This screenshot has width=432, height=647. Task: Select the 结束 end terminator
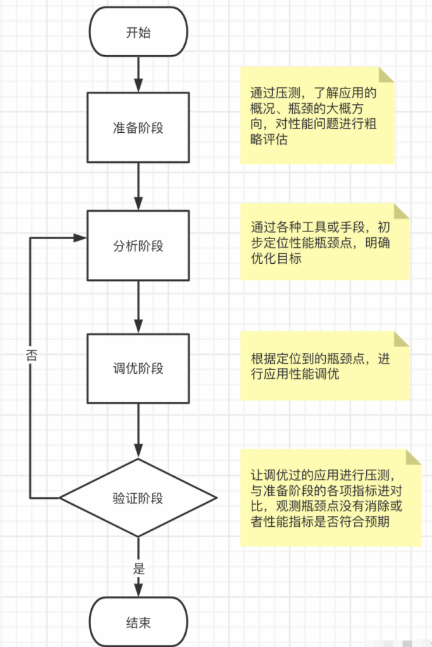click(x=138, y=622)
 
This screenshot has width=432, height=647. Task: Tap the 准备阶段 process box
click(x=138, y=127)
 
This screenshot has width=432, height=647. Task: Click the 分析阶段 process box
click(x=138, y=245)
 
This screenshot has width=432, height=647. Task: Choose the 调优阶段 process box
click(x=138, y=368)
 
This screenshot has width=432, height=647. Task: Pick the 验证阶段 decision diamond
click(x=138, y=498)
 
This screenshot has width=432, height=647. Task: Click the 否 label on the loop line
click(x=32, y=355)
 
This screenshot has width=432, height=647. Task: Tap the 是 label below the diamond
click(x=139, y=568)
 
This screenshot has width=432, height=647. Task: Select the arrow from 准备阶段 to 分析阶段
click(x=138, y=186)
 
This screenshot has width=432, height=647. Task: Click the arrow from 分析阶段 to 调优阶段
click(x=138, y=307)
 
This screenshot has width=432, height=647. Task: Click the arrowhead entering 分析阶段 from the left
click(x=80, y=238)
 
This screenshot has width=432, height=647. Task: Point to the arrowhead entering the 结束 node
click(x=138, y=591)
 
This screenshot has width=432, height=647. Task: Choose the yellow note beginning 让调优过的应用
click(x=330, y=498)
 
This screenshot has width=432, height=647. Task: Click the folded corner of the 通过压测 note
click(x=386, y=75)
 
